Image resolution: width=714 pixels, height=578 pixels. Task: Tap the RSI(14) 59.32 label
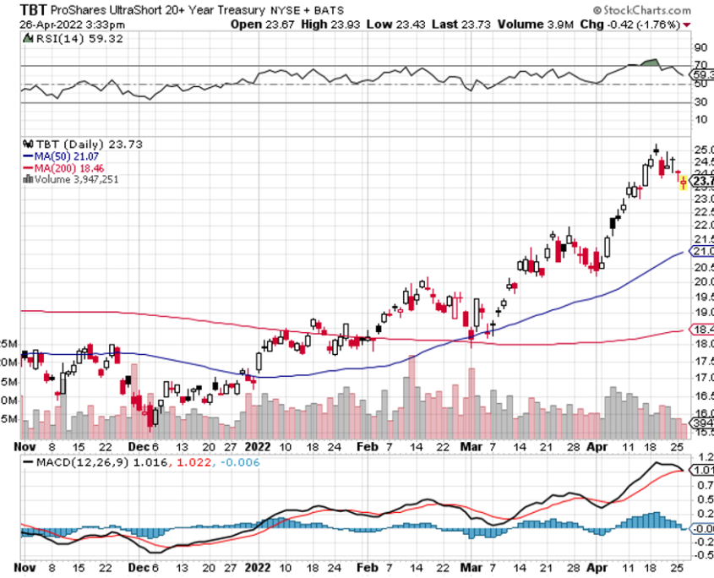coord(62,39)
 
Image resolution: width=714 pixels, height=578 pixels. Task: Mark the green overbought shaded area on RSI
coord(649,63)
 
